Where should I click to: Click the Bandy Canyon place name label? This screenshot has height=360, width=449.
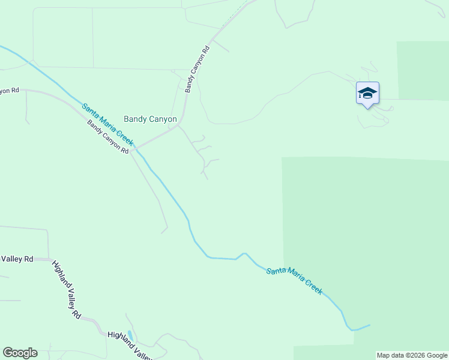[150, 119]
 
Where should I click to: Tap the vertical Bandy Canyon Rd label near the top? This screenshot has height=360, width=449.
[197, 70]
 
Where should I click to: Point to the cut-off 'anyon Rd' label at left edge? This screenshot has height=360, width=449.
[10, 90]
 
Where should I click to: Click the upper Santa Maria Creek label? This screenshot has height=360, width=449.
[107, 125]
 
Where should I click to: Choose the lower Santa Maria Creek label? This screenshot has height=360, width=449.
[294, 280]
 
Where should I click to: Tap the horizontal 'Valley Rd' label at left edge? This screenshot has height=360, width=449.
[17, 259]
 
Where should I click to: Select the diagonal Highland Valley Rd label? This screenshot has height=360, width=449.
[67, 289]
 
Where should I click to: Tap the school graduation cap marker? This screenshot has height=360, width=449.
[367, 94]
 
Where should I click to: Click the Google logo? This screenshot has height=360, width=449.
[20, 353]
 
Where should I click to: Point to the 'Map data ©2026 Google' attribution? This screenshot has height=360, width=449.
[412, 355]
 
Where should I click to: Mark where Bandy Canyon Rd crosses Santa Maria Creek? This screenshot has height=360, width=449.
[137, 148]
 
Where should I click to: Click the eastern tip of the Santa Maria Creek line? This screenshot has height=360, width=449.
[369, 326]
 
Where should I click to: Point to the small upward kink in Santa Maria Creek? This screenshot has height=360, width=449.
[244, 254]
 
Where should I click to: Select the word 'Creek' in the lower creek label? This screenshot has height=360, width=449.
[311, 286]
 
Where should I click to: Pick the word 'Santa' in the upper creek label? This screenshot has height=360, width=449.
[91, 112]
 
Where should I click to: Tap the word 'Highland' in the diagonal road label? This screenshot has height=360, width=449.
[61, 277]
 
